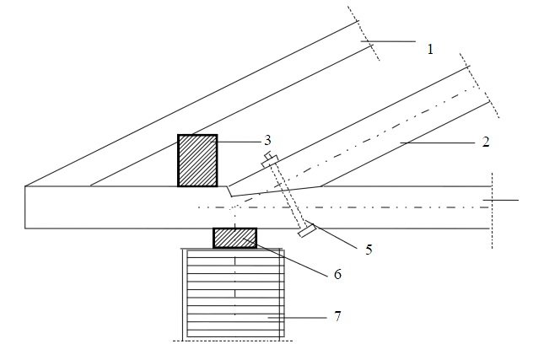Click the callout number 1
click(429, 49)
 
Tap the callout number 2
click(486, 141)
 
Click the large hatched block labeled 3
click(197, 160)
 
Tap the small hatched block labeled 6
click(235, 238)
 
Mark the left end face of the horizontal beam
click(26, 207)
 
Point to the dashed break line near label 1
click(364, 34)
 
